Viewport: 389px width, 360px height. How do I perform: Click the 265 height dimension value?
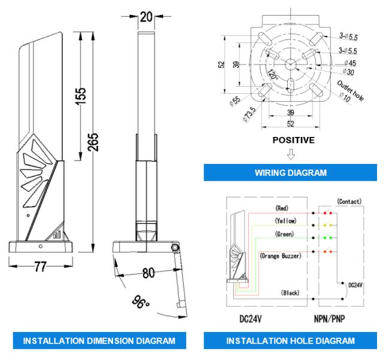click(93, 142)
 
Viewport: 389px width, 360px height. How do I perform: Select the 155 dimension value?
click(80, 96)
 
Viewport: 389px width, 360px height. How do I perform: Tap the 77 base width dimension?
click(41, 267)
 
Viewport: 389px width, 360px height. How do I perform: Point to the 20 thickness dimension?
click(147, 17)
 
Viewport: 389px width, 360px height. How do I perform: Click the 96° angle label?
click(141, 302)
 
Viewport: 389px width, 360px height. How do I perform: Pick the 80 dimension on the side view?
click(148, 273)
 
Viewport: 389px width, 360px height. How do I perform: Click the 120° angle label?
click(273, 74)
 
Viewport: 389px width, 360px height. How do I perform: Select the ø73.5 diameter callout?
click(249, 114)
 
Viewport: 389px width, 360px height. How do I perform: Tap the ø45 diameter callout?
click(350, 63)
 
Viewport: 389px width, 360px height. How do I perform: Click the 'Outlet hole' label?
click(351, 90)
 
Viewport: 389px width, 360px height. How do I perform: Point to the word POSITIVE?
click(293, 140)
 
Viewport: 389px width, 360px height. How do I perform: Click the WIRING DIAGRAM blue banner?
click(290, 172)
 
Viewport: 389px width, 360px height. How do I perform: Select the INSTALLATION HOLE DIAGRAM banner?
click(290, 340)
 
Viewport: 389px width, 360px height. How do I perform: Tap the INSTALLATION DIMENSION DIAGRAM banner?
click(99, 340)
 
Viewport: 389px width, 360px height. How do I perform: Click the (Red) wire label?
click(282, 208)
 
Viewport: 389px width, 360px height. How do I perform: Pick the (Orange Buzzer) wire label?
click(281, 255)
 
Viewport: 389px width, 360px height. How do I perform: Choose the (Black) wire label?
click(290, 292)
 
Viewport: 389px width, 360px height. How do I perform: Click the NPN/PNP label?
click(330, 319)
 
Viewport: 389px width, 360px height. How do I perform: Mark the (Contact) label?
click(349, 202)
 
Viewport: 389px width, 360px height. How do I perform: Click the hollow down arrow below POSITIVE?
click(291, 154)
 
